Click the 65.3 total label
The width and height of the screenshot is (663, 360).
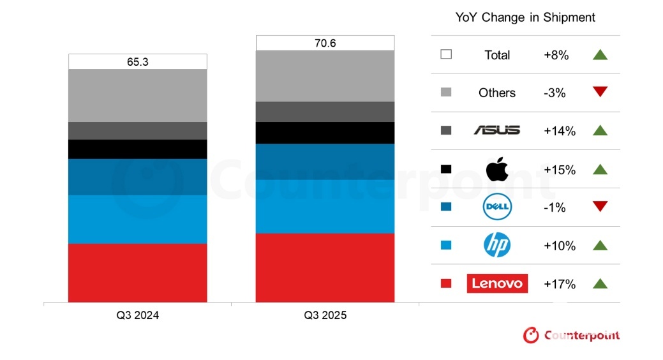pyautogui.click(x=138, y=62)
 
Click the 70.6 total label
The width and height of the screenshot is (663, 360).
pyautogui.click(x=325, y=43)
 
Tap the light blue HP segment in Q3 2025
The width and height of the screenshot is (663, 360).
pyautogui.click(x=325, y=206)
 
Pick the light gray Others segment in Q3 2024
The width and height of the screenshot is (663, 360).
pyautogui.click(x=138, y=95)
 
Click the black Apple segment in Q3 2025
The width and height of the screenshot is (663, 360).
pyautogui.click(x=325, y=133)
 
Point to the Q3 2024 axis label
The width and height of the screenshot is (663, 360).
pyautogui.click(x=138, y=315)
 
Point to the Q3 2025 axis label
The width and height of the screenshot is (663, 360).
pyautogui.click(x=325, y=315)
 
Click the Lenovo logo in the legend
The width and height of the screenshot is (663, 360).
pyautogui.click(x=497, y=283)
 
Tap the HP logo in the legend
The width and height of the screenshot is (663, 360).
pyautogui.click(x=497, y=245)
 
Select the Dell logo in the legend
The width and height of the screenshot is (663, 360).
pyautogui.click(x=497, y=207)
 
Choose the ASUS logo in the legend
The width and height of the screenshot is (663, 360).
pyautogui.click(x=497, y=131)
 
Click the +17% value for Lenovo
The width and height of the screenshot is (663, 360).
pyautogui.click(x=560, y=284)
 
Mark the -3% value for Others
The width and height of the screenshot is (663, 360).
pyautogui.click(x=555, y=93)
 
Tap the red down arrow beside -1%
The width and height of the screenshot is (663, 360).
pyautogui.click(x=600, y=207)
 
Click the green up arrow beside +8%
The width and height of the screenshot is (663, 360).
pyautogui.click(x=600, y=55)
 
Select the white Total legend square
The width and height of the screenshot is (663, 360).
pyautogui.click(x=446, y=55)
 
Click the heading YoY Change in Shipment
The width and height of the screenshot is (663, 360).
pyautogui.click(x=525, y=17)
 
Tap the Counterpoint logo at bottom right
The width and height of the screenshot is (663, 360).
pyautogui.click(x=571, y=335)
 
